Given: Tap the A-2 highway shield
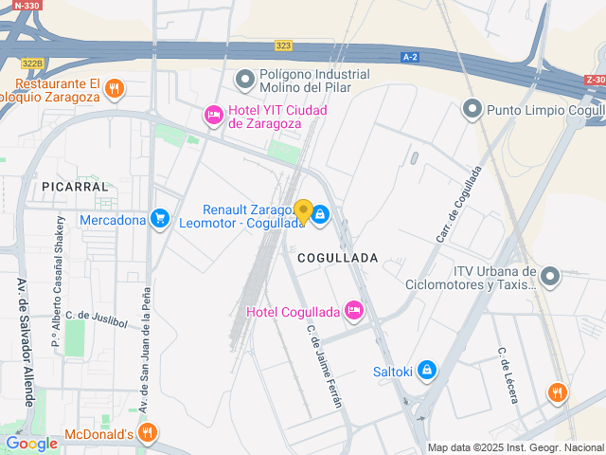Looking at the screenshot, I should click(x=410, y=58).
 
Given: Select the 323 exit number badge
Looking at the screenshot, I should click(x=283, y=45).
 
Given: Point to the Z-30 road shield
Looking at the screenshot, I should click(x=595, y=80).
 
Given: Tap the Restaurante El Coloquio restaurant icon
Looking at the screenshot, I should click(x=115, y=88).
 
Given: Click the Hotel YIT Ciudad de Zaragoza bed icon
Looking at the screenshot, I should click(x=214, y=116).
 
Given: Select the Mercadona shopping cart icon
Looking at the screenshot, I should click(x=159, y=220).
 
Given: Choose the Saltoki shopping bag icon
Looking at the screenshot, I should click(x=427, y=371).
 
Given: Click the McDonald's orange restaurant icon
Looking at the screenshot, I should click(x=147, y=434).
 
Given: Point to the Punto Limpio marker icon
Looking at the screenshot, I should click(x=472, y=110).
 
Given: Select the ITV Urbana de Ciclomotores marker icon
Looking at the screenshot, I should click(x=550, y=276).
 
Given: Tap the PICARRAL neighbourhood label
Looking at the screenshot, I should click(x=76, y=188).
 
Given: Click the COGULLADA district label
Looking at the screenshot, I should click(x=337, y=258).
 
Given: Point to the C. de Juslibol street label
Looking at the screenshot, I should click(x=96, y=318).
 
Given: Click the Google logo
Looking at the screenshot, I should click(x=31, y=443).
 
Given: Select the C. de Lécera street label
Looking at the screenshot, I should click(x=508, y=375).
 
